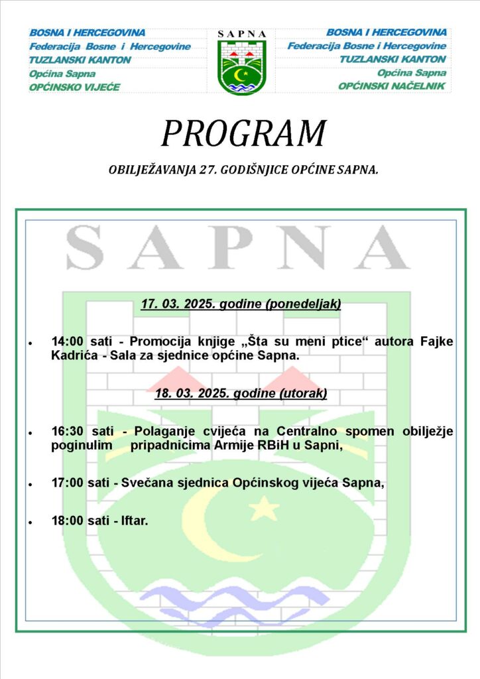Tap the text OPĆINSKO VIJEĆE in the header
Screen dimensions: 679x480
[x=74, y=87]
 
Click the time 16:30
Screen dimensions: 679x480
[x=67, y=431]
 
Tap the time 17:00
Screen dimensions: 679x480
[x=67, y=483]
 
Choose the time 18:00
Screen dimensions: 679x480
[x=67, y=521]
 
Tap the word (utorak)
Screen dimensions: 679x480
[x=302, y=393]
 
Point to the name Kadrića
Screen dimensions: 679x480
[x=75, y=355]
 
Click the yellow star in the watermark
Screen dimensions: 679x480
[x=264, y=509]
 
